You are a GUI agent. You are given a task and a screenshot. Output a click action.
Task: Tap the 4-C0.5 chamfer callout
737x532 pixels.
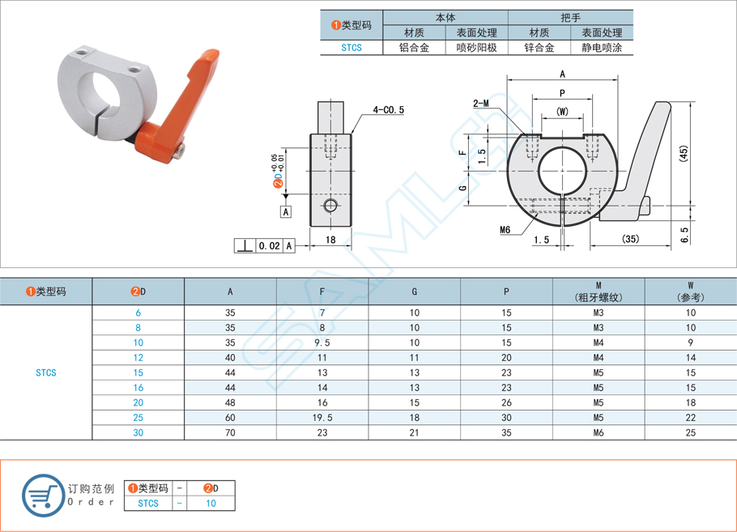pyautogui.click(x=388, y=109)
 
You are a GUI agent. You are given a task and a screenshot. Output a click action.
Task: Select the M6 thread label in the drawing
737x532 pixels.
pyautogui.click(x=505, y=229)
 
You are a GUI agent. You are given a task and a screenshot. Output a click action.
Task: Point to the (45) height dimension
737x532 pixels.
pyautogui.click(x=684, y=153)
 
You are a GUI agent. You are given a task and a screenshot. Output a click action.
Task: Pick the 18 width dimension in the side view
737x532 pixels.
pyautogui.click(x=330, y=239)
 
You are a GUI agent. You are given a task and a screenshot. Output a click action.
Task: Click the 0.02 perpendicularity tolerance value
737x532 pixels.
pyautogui.click(x=270, y=245)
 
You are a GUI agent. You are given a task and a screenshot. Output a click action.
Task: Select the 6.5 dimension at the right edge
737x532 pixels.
pyautogui.click(x=684, y=235)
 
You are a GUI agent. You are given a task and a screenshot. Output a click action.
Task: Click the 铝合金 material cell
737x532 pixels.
pyautogui.click(x=414, y=48)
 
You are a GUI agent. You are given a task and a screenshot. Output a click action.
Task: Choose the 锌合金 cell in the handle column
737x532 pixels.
pyautogui.click(x=539, y=48)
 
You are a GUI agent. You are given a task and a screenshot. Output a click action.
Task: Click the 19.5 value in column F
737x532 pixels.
pyautogui.click(x=322, y=418)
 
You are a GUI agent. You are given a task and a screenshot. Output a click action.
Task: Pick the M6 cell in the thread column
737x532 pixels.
pyautogui.click(x=598, y=433)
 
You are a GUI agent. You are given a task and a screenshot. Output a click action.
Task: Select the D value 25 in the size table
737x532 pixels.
pyautogui.click(x=138, y=418)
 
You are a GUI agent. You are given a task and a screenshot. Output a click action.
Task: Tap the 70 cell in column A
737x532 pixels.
pyautogui.click(x=230, y=433)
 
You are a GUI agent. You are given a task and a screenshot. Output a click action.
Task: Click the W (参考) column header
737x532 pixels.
pyautogui.click(x=690, y=291)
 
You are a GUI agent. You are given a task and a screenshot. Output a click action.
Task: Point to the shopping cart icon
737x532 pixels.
pyautogui.click(x=41, y=493)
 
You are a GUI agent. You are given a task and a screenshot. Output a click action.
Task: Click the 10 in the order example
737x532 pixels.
pyautogui.click(x=211, y=503)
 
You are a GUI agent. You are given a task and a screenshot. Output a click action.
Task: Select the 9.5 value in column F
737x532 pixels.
pyautogui.click(x=322, y=343)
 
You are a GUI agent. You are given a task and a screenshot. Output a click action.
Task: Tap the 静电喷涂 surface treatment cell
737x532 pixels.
pyautogui.click(x=602, y=48)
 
